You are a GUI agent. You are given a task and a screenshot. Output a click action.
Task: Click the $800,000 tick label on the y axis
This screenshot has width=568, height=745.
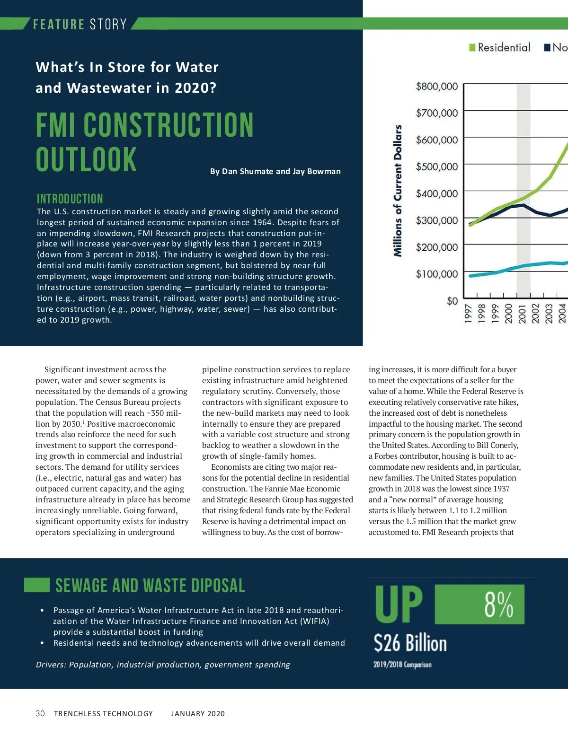pyautogui.click(x=436, y=87)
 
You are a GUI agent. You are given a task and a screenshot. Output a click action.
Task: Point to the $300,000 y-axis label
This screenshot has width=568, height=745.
pyautogui.click(x=436, y=220)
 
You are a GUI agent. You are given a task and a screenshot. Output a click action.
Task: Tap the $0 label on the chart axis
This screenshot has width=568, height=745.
pyautogui.click(x=452, y=301)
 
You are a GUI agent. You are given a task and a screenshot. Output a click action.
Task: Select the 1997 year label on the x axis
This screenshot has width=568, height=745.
pyautogui.click(x=468, y=313)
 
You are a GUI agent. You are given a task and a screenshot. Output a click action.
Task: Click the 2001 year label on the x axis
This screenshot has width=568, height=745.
pyautogui.click(x=522, y=313)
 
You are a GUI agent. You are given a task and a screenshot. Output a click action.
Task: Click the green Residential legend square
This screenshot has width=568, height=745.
pyautogui.click(x=472, y=47)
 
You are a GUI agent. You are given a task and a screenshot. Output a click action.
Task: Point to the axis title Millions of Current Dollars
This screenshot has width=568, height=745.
pyautogui.click(x=398, y=191)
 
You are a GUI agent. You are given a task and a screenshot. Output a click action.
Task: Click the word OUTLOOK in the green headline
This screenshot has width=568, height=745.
pyautogui.click(x=86, y=159)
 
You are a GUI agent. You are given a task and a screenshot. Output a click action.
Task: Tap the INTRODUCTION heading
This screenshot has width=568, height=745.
pyautogui.click(x=70, y=199)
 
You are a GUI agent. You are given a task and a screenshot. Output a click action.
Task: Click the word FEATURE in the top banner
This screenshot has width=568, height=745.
pyautogui.click(x=59, y=24)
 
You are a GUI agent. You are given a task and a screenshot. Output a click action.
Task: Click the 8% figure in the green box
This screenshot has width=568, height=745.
pyautogui.click(x=498, y=605)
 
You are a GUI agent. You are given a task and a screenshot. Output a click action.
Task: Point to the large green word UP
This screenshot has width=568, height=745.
pyautogui.click(x=399, y=605)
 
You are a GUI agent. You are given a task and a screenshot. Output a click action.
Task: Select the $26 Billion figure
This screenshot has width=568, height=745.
pyautogui.click(x=410, y=643)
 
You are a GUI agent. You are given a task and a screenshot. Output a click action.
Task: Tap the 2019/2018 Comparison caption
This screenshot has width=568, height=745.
pyautogui.click(x=402, y=665)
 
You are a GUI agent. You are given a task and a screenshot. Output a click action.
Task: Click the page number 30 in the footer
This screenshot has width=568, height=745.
pyautogui.click(x=40, y=713)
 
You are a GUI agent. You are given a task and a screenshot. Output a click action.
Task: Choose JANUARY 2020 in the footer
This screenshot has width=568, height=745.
pyautogui.click(x=198, y=713)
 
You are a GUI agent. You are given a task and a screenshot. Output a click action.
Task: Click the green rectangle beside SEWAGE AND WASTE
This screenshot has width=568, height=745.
pyautogui.click(x=37, y=585)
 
